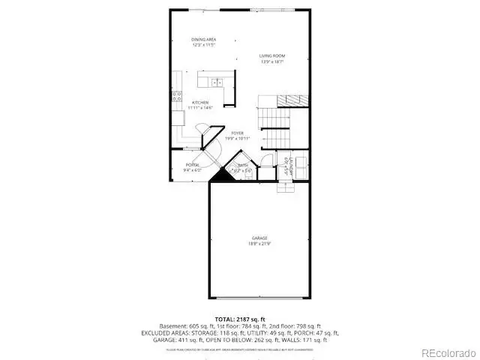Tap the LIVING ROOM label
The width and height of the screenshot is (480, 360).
[x=272, y=55]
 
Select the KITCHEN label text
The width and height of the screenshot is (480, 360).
[x=199, y=103]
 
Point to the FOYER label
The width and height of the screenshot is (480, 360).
[x=238, y=133]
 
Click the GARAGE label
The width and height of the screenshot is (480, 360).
[x=259, y=238]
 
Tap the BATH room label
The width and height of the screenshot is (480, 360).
[x=243, y=165]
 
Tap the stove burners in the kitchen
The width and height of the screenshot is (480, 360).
[x=178, y=96]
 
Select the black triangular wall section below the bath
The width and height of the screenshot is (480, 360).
[x=220, y=177]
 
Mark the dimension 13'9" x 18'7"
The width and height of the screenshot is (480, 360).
[x=272, y=62]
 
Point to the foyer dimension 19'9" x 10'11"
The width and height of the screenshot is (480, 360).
[x=238, y=139]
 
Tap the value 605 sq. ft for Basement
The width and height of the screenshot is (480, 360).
[x=194, y=326]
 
